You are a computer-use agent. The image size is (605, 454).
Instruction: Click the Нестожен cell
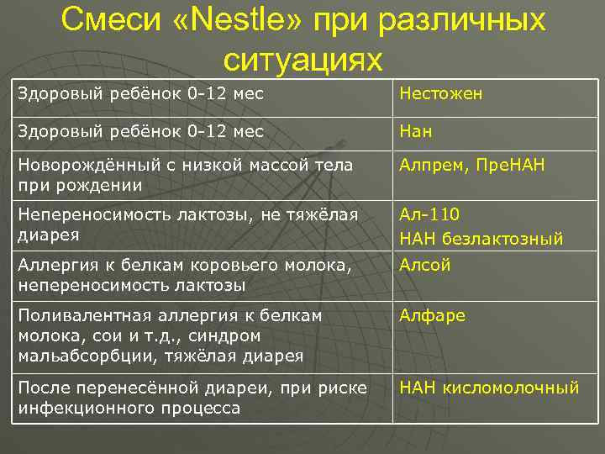coord(440,94)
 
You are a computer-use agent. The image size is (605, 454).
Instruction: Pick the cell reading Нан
coord(416,132)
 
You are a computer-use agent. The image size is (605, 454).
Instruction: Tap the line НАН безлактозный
coord(481,240)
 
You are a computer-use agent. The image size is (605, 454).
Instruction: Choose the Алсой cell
coord(425,265)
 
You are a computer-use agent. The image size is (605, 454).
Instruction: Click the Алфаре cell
coord(432,315)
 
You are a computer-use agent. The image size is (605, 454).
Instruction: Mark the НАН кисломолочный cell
coord(489,388)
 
